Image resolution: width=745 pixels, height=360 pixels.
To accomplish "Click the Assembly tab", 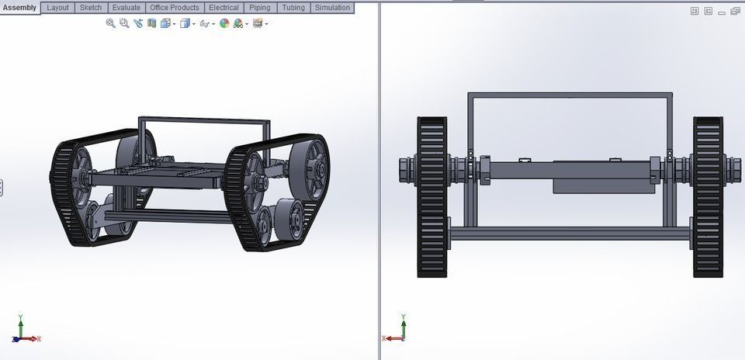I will click(x=19, y=8).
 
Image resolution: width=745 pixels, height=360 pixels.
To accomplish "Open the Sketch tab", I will click(x=91, y=8).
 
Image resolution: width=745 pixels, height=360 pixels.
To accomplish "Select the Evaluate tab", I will click(x=126, y=8).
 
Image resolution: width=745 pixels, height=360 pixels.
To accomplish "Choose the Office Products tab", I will click(x=174, y=8).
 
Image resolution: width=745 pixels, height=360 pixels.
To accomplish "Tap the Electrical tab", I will click(x=223, y=8).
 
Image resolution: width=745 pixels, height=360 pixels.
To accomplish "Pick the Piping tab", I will click(x=259, y=8).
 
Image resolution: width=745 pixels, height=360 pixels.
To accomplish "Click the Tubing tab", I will click(x=293, y=8).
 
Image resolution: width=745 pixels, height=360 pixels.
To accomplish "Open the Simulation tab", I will click(x=332, y=8).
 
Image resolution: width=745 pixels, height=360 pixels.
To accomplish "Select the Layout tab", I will click(x=57, y=8).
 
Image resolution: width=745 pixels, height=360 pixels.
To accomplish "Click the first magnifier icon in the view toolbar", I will click(x=110, y=24).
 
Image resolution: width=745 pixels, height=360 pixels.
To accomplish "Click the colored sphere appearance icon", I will click(x=224, y=24).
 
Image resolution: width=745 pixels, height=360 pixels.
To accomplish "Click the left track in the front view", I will click(x=432, y=197).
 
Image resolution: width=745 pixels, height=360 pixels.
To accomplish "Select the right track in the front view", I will click(x=708, y=197).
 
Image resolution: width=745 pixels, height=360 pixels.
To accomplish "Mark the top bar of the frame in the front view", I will click(x=570, y=95).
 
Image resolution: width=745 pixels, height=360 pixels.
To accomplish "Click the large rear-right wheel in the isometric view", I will click(x=314, y=170).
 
